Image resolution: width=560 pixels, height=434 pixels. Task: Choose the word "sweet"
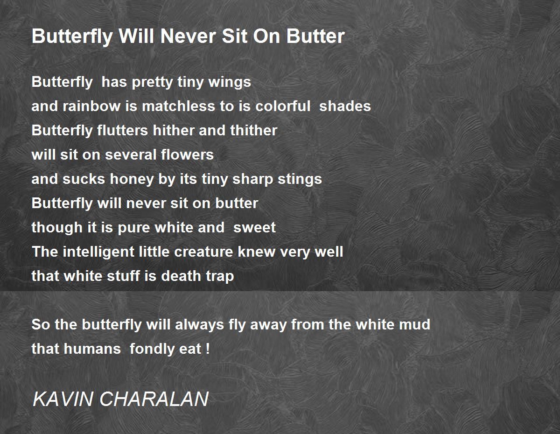coord(254,228)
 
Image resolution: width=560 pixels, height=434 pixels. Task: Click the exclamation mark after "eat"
coord(208,349)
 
